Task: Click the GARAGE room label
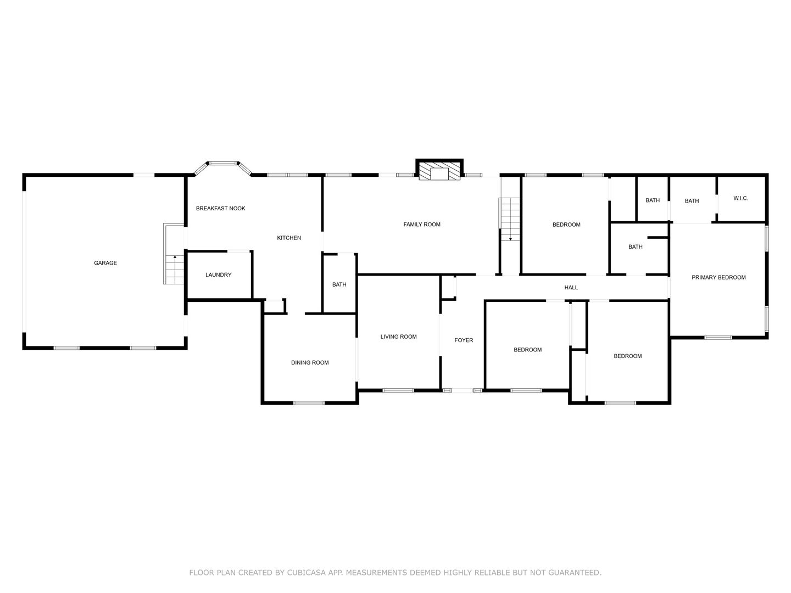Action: [x=105, y=263]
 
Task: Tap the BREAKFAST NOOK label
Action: [x=220, y=209]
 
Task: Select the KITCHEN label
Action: [x=289, y=238]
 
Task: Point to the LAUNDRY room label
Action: [x=219, y=275]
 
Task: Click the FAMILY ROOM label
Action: [x=422, y=225]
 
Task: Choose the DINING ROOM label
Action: [x=310, y=363]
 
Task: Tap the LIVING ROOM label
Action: [x=399, y=337]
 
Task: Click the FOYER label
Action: [x=464, y=340]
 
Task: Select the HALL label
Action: [x=571, y=288]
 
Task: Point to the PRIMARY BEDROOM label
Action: [x=718, y=278]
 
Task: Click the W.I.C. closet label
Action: [x=741, y=198]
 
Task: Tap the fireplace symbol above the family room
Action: [x=439, y=169]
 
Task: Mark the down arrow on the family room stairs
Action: [x=510, y=239]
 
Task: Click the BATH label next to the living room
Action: [x=339, y=285]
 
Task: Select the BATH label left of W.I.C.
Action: [x=692, y=202]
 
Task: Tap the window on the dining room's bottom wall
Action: [x=309, y=403]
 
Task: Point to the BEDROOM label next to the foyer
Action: [x=527, y=350]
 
